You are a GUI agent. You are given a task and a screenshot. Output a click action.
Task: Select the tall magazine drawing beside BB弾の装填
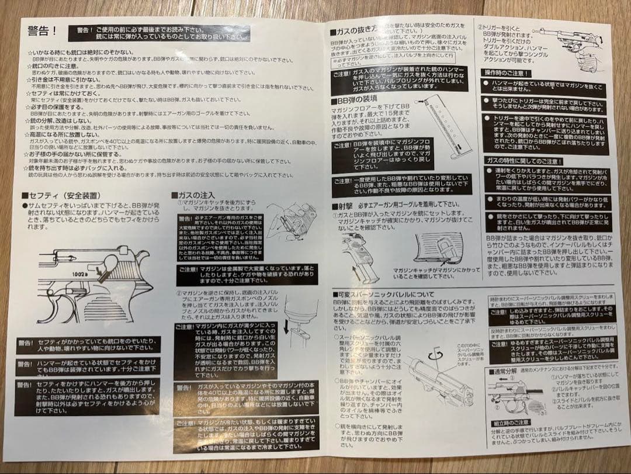click(444, 132)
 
